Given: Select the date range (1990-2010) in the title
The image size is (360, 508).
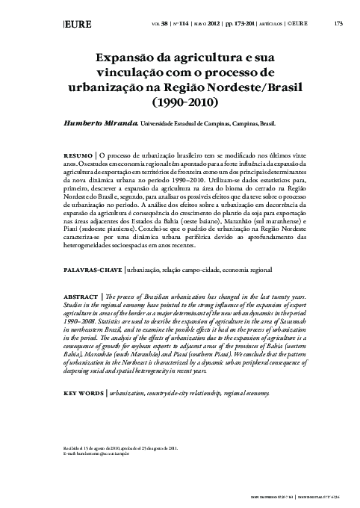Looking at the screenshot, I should (x=195, y=99).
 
